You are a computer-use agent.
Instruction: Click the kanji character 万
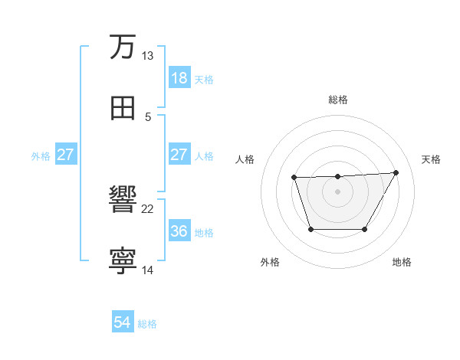tap(123, 47)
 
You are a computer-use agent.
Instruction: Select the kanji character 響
tap(123, 201)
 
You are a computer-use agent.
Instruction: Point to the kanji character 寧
tap(123, 261)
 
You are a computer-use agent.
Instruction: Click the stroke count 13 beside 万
tap(147, 56)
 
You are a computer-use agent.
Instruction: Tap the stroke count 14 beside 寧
tap(147, 270)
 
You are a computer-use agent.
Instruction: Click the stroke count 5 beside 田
tap(148, 117)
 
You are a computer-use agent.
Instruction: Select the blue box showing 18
tap(179, 78)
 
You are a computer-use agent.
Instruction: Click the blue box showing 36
tap(179, 231)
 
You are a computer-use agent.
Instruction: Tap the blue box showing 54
tap(122, 323)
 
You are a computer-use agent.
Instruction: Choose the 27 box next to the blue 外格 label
tap(65, 155)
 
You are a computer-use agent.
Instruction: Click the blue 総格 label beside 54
tap(147, 324)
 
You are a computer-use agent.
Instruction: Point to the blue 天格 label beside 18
tap(204, 79)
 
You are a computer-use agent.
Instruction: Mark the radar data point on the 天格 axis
tap(396, 172)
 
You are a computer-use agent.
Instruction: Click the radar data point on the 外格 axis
tap(310, 229)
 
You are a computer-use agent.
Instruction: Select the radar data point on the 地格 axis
tap(365, 229)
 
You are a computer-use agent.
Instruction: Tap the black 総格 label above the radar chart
tap(338, 100)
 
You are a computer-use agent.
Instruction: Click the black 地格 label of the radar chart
tap(402, 262)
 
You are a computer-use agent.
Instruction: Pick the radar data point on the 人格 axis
tap(294, 178)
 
